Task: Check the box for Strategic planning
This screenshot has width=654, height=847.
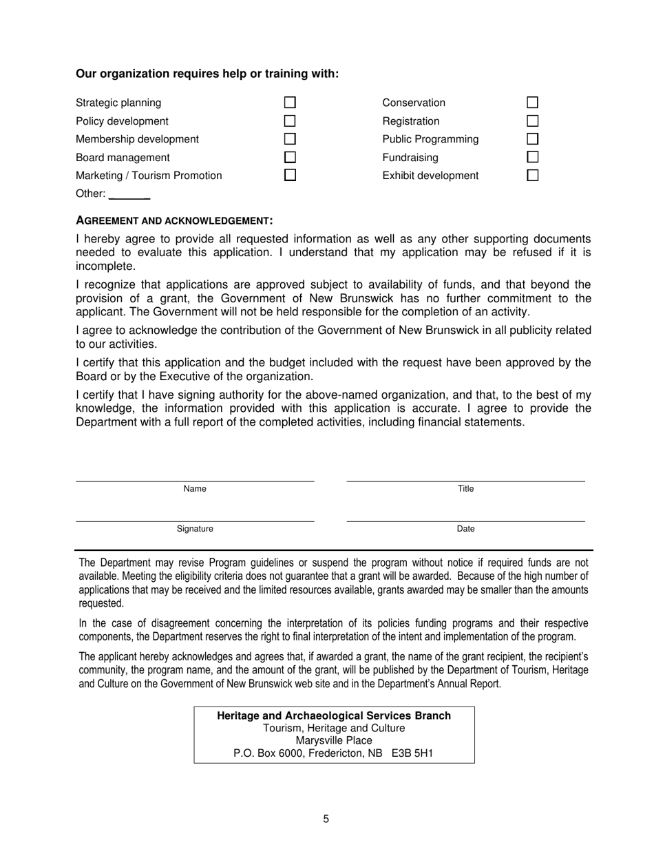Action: click(290, 103)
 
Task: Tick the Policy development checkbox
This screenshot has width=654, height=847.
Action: click(290, 121)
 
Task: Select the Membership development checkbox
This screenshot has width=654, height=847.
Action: click(290, 139)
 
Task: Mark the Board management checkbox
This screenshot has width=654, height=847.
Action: click(290, 158)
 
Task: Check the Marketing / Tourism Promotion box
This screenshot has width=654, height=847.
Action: click(290, 175)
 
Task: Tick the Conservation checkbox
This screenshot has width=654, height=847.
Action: click(532, 103)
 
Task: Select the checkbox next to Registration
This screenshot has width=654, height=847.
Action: click(532, 121)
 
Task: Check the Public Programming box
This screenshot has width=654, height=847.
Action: click(532, 139)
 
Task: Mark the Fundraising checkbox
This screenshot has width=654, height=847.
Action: click(532, 158)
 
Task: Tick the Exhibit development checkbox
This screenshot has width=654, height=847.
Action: click(532, 175)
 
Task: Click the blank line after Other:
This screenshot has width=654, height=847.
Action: click(129, 197)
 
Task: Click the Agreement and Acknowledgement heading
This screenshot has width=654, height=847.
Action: click(174, 221)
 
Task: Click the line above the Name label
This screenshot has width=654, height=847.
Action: click(195, 480)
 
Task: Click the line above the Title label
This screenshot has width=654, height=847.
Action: click(465, 480)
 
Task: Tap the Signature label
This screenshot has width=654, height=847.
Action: click(195, 529)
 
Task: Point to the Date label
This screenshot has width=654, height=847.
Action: click(465, 529)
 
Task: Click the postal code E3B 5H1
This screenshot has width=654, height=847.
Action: click(412, 753)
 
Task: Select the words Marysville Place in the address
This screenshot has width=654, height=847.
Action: click(334, 741)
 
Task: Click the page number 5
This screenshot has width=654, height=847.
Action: click(326, 819)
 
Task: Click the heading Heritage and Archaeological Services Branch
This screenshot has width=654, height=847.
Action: click(334, 715)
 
